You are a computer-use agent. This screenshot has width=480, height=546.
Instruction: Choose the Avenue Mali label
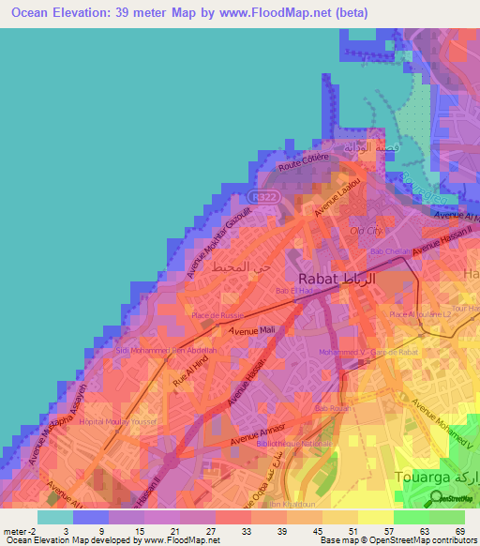tap(252, 330)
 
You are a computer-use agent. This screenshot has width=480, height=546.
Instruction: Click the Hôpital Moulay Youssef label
tap(97, 422)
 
